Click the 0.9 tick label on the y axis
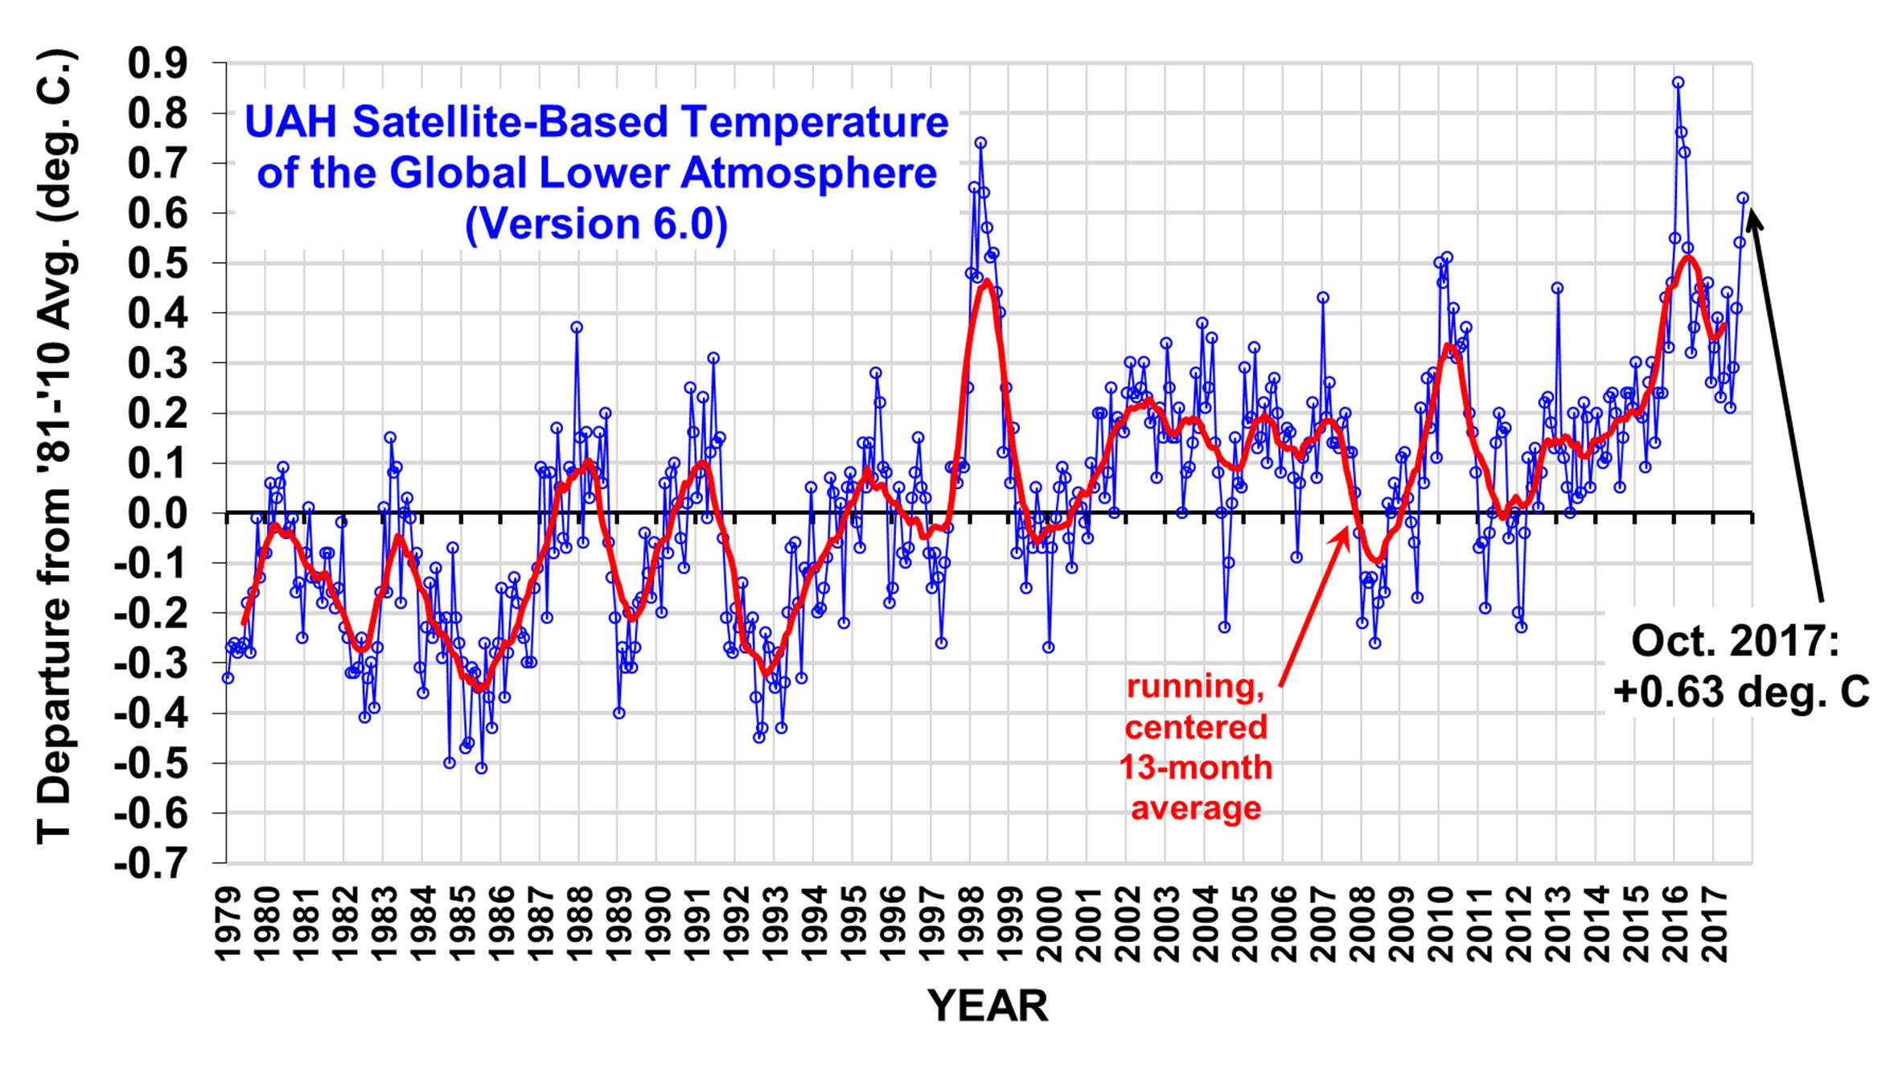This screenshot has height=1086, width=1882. coord(168,63)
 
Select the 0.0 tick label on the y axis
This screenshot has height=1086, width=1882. coord(168,513)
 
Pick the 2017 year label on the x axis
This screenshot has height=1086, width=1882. coord(1716,925)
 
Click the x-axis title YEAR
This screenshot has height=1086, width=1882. coord(988,1006)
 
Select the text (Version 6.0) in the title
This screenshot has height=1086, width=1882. coord(596,224)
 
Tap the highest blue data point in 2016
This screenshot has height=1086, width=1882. coord(1678,82)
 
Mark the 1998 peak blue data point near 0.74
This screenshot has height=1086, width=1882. coord(980,142)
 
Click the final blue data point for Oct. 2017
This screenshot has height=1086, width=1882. coord(1743,197)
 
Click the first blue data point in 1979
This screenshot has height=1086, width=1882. coord(228,678)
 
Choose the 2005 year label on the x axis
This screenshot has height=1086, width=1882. coord(1246,925)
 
